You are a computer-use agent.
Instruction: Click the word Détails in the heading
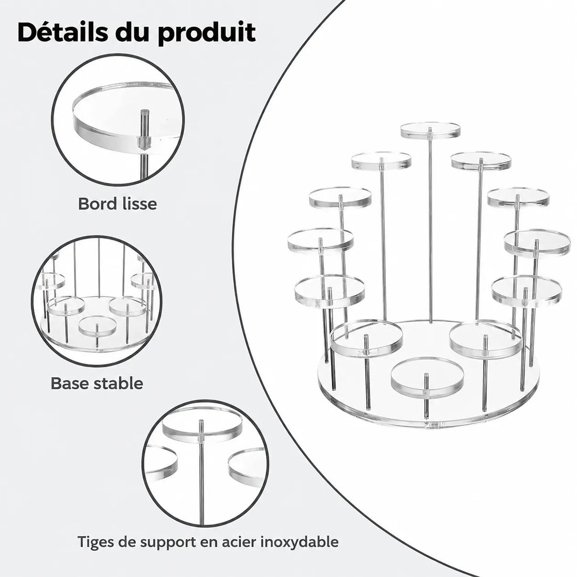63,32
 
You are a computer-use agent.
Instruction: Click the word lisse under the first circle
137,204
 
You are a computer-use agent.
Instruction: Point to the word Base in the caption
69,383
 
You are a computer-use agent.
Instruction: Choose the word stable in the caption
118,383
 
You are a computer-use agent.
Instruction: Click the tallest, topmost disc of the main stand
430,131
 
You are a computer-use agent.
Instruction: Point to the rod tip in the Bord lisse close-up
144,111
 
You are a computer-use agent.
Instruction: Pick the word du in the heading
133,32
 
